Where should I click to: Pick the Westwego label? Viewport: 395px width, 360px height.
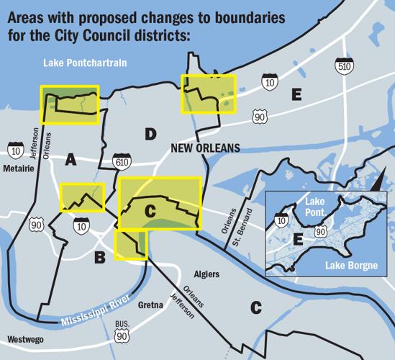(24, 339)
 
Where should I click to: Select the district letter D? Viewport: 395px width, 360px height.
(150, 133)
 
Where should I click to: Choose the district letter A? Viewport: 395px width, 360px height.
(71, 160)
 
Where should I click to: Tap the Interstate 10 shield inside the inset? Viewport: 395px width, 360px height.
(283, 220)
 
